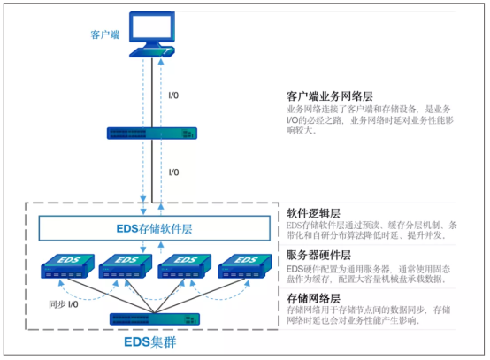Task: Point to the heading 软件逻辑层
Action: click(x=315, y=213)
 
